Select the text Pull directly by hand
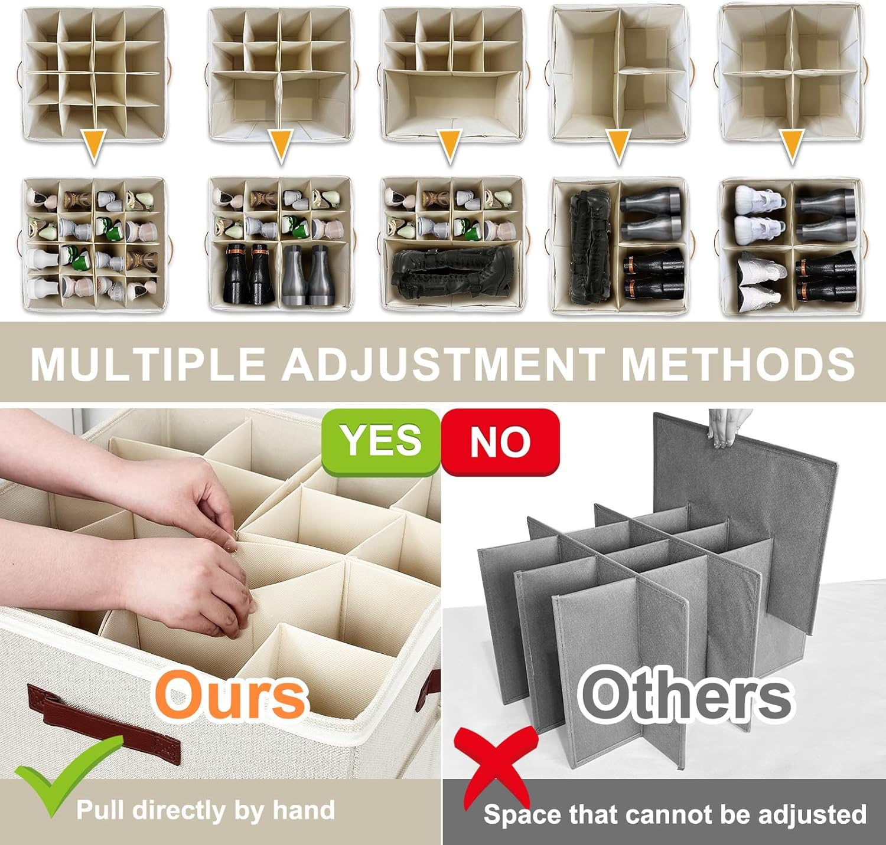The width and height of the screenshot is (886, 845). point(205,810)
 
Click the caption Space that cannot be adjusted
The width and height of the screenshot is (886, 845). point(675,814)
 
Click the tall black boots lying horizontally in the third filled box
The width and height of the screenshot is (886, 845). point(452,273)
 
